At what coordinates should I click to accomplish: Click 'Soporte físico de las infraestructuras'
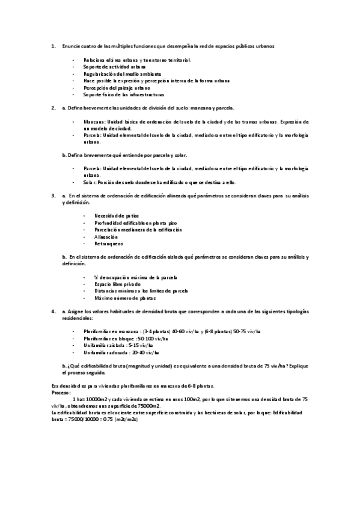tap(124, 94)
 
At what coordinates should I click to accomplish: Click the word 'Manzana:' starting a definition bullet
tap(94, 121)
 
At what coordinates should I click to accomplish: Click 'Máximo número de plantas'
tap(125, 298)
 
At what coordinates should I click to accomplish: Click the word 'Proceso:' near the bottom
tap(62, 391)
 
